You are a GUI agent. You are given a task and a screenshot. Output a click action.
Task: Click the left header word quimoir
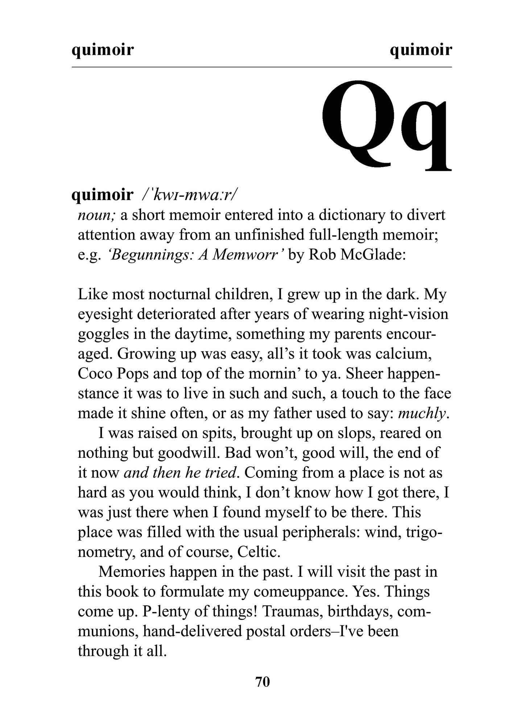click(x=103, y=50)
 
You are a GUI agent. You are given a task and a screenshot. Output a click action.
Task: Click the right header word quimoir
click(x=421, y=50)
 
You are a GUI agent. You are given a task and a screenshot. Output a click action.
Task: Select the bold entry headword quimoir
click(x=103, y=195)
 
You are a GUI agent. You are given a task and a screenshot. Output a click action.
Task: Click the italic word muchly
click(x=422, y=413)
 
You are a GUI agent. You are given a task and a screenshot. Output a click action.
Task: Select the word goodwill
click(x=182, y=452)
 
